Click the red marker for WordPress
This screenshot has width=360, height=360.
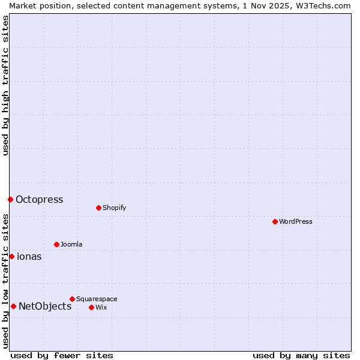pyautogui.click(x=275, y=221)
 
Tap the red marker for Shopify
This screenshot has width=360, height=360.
pyautogui.click(x=98, y=208)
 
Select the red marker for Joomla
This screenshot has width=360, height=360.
pyautogui.click(x=56, y=244)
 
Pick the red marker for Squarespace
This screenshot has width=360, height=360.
pyautogui.click(x=72, y=299)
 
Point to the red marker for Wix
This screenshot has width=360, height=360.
pyautogui.click(x=91, y=307)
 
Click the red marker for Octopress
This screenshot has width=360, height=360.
pyautogui.click(x=10, y=199)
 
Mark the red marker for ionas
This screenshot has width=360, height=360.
pyautogui.click(x=11, y=256)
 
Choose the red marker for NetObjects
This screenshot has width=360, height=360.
pyautogui.click(x=13, y=306)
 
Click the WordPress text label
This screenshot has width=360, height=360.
pyautogui.click(x=296, y=221)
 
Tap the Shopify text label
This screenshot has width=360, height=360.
pyautogui.click(x=114, y=208)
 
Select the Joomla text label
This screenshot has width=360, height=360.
pyautogui.click(x=71, y=244)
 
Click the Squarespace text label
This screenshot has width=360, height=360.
pyautogui.click(x=97, y=299)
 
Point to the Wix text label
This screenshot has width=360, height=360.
pyautogui.click(x=101, y=307)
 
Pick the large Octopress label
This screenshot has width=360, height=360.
pyautogui.click(x=39, y=199)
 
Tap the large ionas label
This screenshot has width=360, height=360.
pyautogui.click(x=29, y=256)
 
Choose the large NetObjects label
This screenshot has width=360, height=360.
pyautogui.click(x=45, y=306)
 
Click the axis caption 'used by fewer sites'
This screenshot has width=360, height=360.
pyautogui.click(x=62, y=355)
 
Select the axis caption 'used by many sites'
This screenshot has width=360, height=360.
pyautogui.click(x=301, y=355)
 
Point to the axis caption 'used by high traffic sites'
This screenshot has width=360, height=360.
pyautogui.click(x=5, y=85)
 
